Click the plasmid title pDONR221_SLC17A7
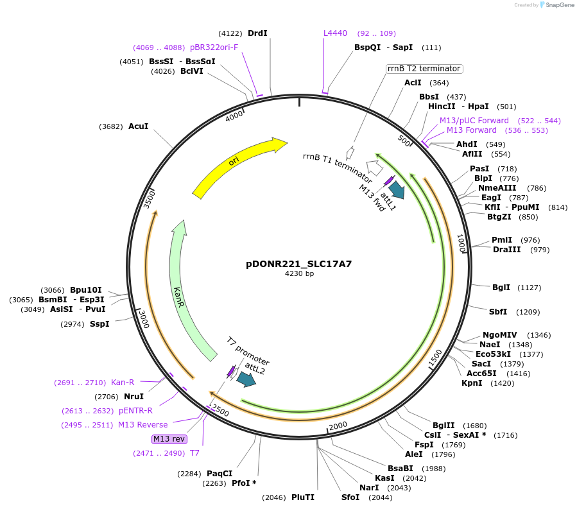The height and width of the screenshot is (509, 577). pos(299,263)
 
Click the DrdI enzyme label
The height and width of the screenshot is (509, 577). pos(257,33)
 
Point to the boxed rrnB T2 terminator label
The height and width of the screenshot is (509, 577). pos(424,69)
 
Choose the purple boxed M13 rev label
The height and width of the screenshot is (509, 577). pos(169,439)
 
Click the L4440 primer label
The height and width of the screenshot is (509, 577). pos(335,33)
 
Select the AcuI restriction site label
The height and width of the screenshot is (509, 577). pos(139,126)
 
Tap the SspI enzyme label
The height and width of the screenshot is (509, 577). pos(99,324)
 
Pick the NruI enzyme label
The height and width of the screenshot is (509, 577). pos(133,396)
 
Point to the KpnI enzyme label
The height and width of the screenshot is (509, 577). pos(472,383)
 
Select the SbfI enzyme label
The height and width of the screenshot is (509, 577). pos(498,312)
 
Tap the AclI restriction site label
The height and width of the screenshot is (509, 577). pos(413,83)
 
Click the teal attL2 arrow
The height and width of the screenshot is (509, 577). pos(246,380)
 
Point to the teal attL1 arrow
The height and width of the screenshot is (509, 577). pos(397,189)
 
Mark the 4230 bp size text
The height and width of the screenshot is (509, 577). pos(299,273)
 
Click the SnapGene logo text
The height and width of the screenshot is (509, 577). pos(558,5)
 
